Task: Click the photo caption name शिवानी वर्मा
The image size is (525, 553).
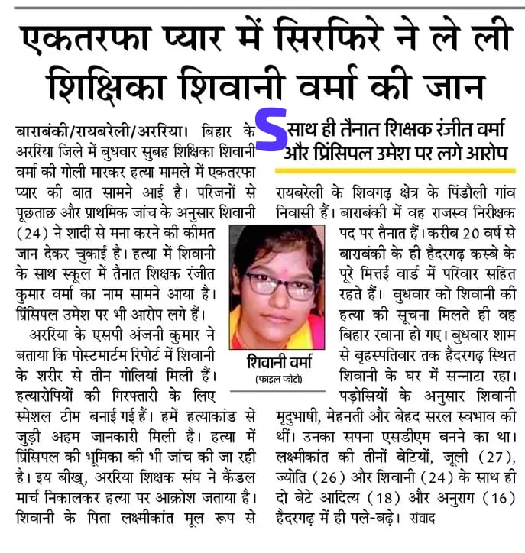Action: click(276, 361)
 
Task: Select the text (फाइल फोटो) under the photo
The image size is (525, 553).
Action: click(276, 380)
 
